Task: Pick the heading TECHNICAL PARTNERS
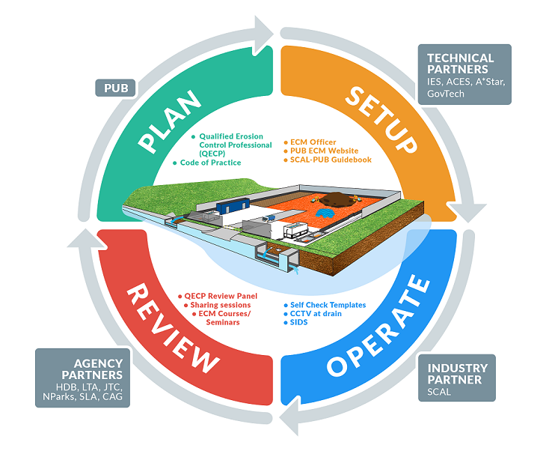point(460,64)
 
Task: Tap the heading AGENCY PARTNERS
point(82,369)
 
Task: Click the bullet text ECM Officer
point(313,142)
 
